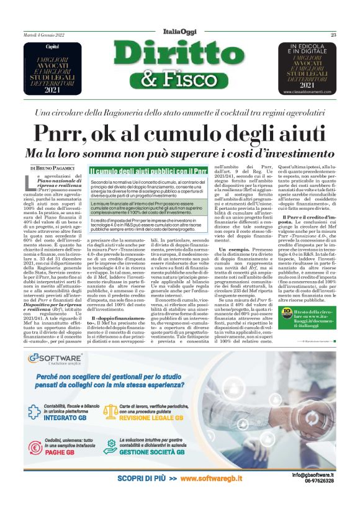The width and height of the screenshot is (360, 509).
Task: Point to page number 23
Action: tap(333, 35)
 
